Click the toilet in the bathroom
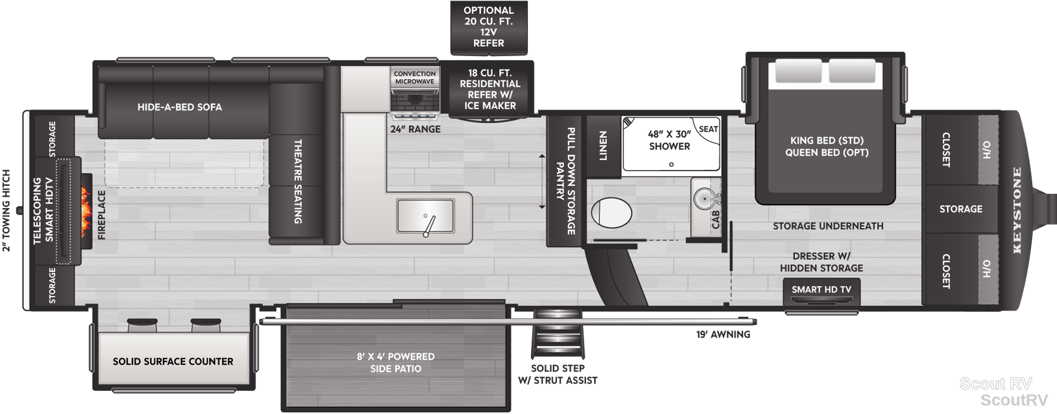pos(612,211)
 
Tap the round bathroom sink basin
pos(703,199)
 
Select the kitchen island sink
pos(426,216)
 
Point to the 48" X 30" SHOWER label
pos(669,140)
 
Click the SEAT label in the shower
pos(709,129)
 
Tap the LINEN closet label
pos(603,146)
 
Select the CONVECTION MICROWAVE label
pos(415,78)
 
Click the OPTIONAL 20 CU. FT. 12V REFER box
pos(489,28)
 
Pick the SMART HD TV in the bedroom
pos(821,292)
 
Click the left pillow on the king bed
pos(798,72)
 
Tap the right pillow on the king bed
pos(852,72)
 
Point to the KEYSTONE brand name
pos(1017,210)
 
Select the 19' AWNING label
pos(723,334)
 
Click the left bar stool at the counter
pos(142,325)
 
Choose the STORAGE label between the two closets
pos(961,209)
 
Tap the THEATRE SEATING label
pos(298,181)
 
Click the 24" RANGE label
pos(415,129)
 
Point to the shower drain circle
pos(671,165)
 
